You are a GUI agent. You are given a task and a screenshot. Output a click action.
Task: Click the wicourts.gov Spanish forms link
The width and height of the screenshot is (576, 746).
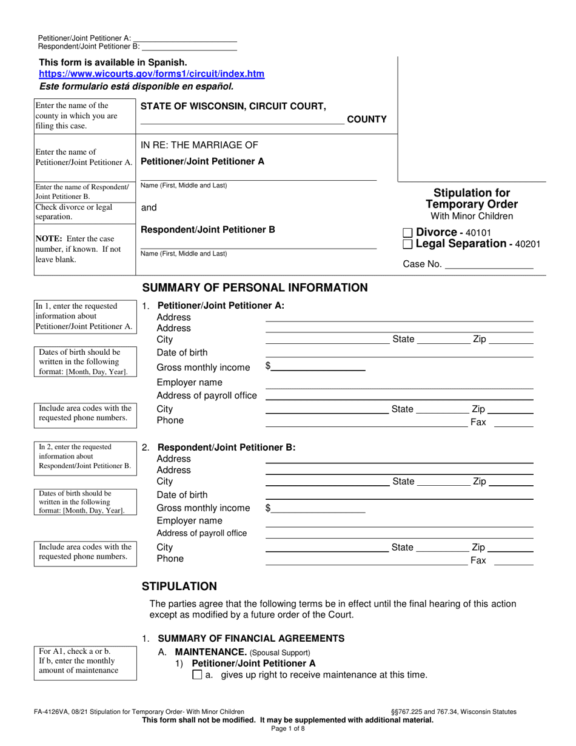tap(152, 74)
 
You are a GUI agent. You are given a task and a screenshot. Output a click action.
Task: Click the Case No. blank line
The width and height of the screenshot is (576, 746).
tap(489, 265)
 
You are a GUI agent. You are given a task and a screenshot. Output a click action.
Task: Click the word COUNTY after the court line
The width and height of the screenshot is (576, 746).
tap(366, 119)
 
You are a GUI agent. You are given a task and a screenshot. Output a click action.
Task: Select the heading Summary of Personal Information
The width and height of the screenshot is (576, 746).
tap(255, 287)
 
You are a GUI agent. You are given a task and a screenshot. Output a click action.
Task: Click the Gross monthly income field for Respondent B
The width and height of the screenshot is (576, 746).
tap(318, 508)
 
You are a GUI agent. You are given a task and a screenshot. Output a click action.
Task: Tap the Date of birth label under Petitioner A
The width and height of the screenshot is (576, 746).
tap(182, 352)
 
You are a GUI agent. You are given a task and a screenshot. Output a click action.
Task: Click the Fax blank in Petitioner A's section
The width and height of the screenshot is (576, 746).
tap(514, 422)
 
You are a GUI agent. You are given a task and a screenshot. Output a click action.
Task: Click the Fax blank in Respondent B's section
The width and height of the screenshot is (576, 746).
tap(514, 561)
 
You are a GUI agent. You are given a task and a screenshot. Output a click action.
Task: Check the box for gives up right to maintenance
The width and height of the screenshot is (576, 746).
tap(196, 675)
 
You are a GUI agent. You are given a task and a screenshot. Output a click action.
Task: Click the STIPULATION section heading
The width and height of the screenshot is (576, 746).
tap(179, 586)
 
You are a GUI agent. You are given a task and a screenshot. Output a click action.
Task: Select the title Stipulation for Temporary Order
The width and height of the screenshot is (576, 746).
tap(471, 198)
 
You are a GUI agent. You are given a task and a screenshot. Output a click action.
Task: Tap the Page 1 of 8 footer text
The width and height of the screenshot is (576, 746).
tap(288, 730)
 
